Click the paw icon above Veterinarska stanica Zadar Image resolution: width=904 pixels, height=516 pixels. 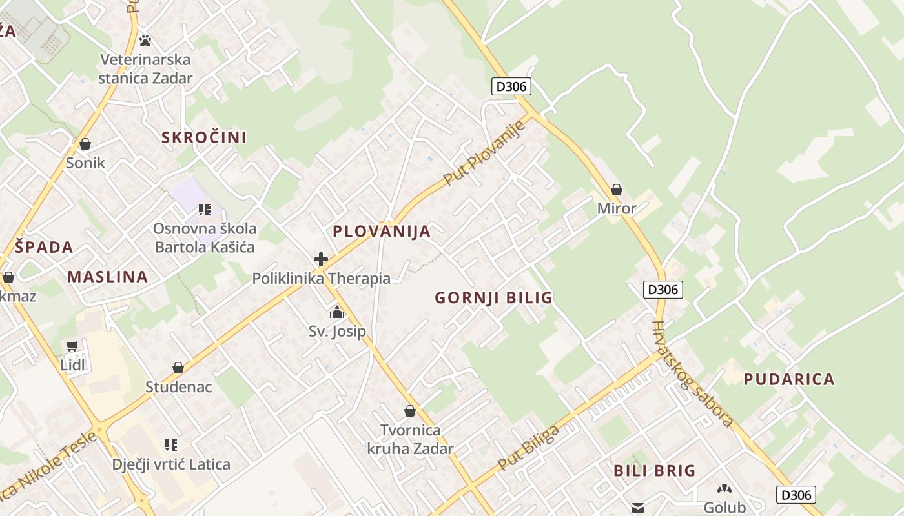pos(145,41)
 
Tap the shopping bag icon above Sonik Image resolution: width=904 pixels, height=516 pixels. pos(85,144)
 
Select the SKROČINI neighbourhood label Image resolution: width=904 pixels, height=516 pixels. pos(204,137)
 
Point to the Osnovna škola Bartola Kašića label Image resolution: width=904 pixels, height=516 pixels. pos(205,238)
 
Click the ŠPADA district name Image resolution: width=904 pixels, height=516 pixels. pos(45,247)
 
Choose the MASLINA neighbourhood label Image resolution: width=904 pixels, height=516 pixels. pos(108,277)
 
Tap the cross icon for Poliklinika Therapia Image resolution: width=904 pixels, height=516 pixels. pos(321,259)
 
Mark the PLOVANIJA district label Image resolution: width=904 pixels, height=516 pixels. pos(382,232)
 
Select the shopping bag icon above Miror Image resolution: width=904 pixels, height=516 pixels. pos(617,190)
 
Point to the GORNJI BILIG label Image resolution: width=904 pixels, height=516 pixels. pos(494,298)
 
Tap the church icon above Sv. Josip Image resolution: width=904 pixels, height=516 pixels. pos(337,313)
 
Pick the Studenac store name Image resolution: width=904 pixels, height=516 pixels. pos(179,387)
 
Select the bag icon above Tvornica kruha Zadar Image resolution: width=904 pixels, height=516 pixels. pos(410,411)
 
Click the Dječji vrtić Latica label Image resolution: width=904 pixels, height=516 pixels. pos(171,464)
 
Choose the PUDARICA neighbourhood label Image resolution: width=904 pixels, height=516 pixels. pos(789,379)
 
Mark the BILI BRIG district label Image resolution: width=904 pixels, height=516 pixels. pos(655,471)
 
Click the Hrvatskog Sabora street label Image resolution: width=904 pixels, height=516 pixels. pos(692,374)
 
